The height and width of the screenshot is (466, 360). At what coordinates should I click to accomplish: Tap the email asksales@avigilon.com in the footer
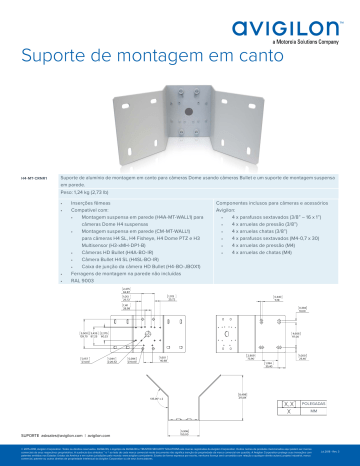[64, 436]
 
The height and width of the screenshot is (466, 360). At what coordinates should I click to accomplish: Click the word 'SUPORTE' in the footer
[30, 436]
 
